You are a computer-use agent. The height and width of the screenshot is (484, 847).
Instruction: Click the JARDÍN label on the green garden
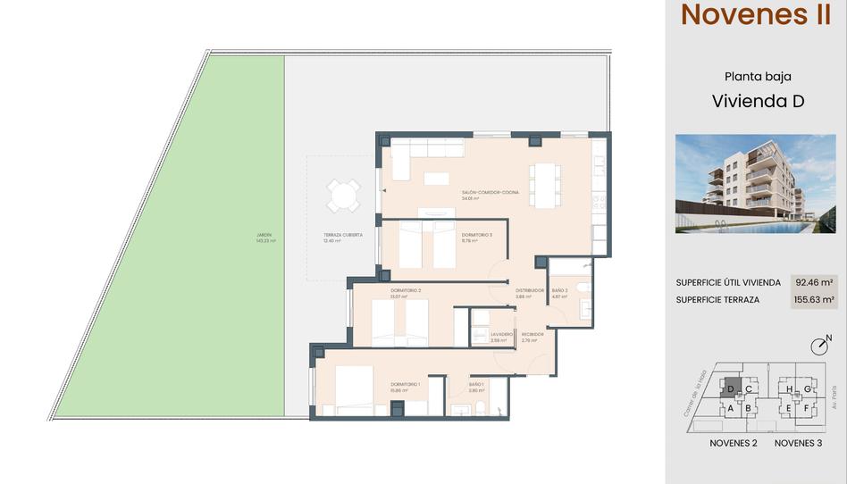pos(265,236)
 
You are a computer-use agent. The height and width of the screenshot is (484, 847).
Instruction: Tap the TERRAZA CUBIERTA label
pos(343,236)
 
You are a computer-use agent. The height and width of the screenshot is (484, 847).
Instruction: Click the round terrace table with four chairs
pos(343,196)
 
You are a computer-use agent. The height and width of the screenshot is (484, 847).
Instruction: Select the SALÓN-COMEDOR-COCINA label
pos(491,192)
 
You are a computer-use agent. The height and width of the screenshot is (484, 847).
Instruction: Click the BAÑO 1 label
pos(476,384)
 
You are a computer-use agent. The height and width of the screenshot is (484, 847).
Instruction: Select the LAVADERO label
pos(501,334)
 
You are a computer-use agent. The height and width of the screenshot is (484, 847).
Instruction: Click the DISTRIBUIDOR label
pos(530,290)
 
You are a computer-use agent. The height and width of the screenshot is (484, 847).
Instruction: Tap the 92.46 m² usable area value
pos(813,282)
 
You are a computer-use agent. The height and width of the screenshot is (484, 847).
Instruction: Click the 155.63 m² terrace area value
pos(813,300)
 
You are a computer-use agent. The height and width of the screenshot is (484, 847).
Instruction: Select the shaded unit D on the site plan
pos(731,389)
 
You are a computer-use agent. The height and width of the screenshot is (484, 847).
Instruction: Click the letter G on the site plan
pos(807,389)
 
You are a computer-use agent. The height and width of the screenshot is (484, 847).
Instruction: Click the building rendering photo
pos(755,183)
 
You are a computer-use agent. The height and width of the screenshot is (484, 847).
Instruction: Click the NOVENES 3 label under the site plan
pos(798,443)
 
